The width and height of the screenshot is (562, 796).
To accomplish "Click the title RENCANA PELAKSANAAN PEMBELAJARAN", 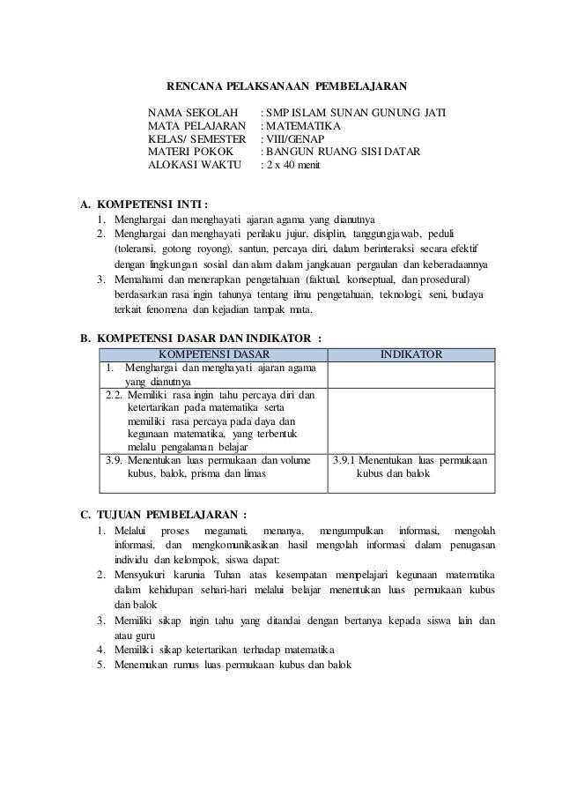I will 287,86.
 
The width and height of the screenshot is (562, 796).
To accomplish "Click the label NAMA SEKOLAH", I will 193,113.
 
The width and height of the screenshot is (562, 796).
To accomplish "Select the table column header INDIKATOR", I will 410,353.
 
